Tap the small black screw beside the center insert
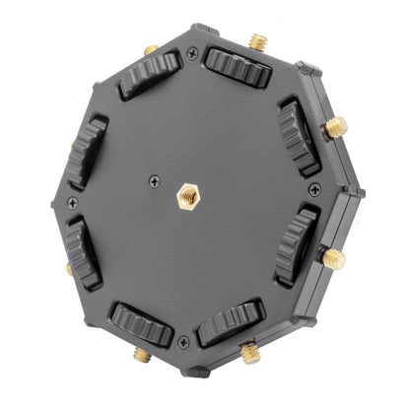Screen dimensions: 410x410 point(155,180)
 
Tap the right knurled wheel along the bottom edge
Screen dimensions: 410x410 point(230,321)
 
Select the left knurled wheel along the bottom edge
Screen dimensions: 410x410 point(141,321)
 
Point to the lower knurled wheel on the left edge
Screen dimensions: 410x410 point(82,252)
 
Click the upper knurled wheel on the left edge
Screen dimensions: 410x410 point(88,149)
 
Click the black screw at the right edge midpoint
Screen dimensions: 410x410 point(314,187)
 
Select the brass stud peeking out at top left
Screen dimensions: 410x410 point(150,48)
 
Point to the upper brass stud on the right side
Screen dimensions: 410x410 point(337,126)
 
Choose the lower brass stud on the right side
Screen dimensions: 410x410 point(335,259)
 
